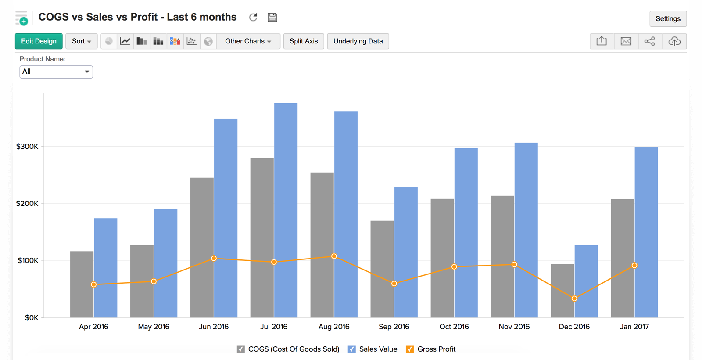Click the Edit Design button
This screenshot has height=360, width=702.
tap(39, 41)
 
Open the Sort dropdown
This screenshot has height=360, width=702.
tap(82, 41)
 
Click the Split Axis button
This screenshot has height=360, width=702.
tap(304, 41)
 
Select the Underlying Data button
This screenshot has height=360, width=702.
tap(358, 41)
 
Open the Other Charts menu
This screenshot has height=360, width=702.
tap(248, 41)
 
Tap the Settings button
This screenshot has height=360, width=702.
tap(668, 18)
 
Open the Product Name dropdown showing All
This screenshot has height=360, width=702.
tap(56, 72)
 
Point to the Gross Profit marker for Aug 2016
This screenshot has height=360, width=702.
tap(334, 256)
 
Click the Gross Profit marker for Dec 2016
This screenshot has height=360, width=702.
tap(574, 299)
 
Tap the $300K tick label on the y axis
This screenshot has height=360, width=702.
tap(27, 147)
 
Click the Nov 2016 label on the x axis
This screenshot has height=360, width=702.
tap(514, 327)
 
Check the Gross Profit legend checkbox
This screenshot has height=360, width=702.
tap(410, 349)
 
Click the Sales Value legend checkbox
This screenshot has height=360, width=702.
tap(351, 349)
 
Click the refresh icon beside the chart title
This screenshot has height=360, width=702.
tap(253, 17)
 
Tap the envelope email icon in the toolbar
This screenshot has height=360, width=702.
tap(626, 41)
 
